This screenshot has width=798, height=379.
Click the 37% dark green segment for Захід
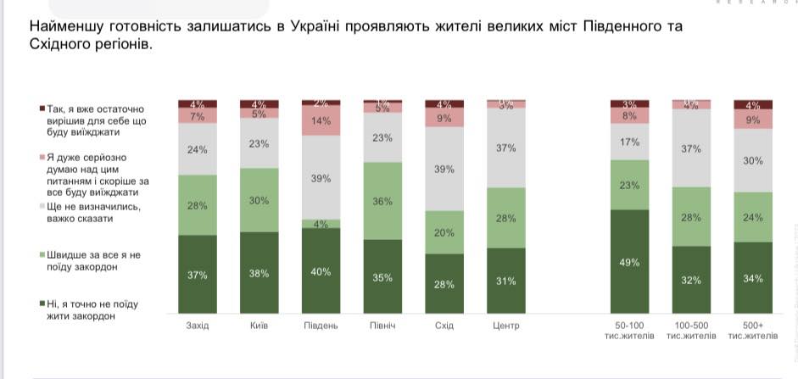pos(198,274)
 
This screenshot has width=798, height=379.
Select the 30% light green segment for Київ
pos(259,199)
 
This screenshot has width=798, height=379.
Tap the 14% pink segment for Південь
pos(321,120)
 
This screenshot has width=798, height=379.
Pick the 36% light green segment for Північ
pos(382,200)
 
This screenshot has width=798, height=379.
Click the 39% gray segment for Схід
pos(444,169)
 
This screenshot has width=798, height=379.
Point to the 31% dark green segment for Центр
pos(506,281)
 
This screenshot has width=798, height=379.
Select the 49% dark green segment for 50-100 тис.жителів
pos(630,261)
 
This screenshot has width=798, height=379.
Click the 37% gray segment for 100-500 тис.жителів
pos(692,148)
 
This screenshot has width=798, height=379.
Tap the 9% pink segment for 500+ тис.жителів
pos(753,120)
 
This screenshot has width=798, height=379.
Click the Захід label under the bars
pos(198,326)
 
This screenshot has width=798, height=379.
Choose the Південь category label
pos(321,326)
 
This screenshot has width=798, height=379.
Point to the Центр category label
pos(506,326)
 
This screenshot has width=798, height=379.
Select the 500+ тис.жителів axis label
pos(753,331)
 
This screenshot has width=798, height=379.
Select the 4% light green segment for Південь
pos(321,224)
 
